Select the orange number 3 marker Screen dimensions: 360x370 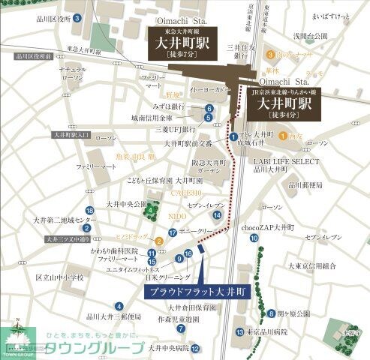(x=262, y=55)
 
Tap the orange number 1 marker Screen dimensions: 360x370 (x=283, y=136)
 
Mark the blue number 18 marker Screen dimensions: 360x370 (x=89, y=211)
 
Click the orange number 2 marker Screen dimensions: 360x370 (x=159, y=241)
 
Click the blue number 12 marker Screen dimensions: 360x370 (x=195, y=349)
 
